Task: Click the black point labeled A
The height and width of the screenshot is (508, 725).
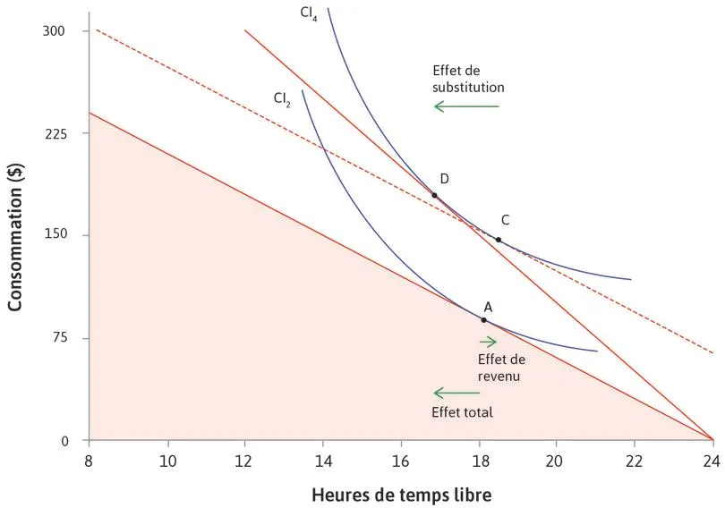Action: tap(484, 319)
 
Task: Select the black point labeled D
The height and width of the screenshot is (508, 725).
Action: tap(434, 195)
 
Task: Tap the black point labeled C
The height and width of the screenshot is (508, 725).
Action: tap(499, 240)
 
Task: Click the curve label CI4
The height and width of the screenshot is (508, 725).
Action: tap(308, 14)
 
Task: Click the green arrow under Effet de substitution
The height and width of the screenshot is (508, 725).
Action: tap(466, 106)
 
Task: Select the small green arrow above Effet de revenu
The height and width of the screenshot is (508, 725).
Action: tap(488, 341)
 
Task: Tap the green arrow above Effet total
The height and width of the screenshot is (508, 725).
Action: tap(456, 393)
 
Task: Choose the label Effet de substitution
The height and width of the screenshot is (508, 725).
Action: tap(468, 80)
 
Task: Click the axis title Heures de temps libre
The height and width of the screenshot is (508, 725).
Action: tap(401, 493)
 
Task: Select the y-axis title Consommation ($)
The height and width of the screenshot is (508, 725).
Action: tap(15, 236)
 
